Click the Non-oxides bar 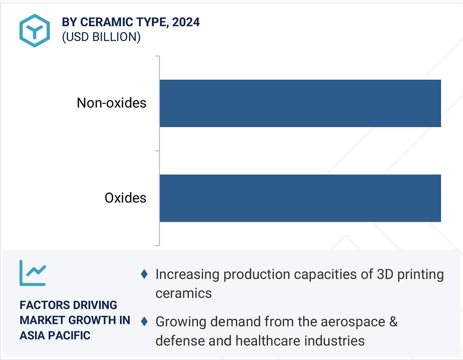(x=300, y=103)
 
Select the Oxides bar (x=300, y=198)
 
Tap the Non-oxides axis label (x=111, y=103)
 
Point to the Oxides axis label (x=125, y=198)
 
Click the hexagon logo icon (x=35, y=30)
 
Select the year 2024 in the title (x=186, y=22)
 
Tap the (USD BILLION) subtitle (x=101, y=37)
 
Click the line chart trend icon (x=32, y=273)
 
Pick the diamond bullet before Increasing (x=144, y=274)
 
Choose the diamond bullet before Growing (x=144, y=321)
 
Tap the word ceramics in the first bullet (x=183, y=293)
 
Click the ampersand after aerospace (x=393, y=321)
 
